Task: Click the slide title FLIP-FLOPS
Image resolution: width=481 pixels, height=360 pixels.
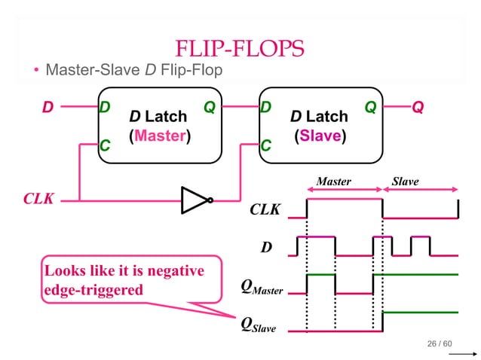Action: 240,50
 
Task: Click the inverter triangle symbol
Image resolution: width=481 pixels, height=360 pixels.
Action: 195,200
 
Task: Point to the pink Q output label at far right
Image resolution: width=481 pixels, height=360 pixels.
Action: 417,108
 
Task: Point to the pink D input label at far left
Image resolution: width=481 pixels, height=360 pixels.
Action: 47,108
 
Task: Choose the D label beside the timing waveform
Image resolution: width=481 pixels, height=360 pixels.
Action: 266,247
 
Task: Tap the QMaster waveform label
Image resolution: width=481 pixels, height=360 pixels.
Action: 261,288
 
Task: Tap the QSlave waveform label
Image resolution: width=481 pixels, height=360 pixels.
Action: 257,325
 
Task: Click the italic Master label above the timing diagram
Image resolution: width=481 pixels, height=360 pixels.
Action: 333,182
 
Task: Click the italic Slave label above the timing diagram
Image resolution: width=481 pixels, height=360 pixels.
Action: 406,182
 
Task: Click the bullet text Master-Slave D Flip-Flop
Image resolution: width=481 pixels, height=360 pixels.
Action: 134,72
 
